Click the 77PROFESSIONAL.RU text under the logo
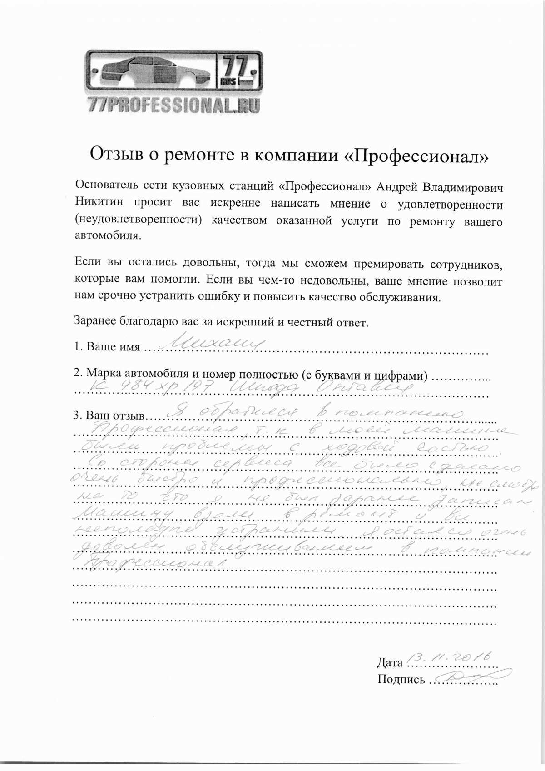coord(174,105)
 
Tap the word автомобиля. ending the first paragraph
coord(108,236)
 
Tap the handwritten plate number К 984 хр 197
coord(154,387)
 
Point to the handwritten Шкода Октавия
coord(323,388)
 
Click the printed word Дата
coord(389,663)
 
